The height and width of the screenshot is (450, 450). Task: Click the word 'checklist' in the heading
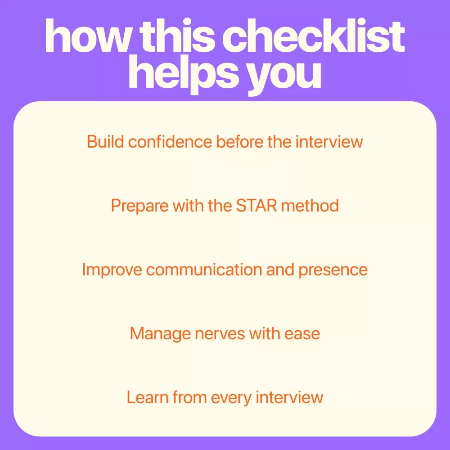[313, 36]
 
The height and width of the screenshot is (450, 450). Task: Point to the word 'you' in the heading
[284, 77]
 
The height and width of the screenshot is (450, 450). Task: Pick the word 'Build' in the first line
[105, 141]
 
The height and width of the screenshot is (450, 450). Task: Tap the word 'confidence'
[170, 141]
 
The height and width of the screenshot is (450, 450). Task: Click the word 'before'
[239, 141]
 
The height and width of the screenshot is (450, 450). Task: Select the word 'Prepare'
[140, 206]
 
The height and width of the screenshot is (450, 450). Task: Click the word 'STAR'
[256, 206]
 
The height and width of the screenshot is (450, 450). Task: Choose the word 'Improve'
[112, 270]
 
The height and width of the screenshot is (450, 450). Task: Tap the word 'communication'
[204, 270]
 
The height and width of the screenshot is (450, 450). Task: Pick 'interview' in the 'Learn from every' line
[289, 397]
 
